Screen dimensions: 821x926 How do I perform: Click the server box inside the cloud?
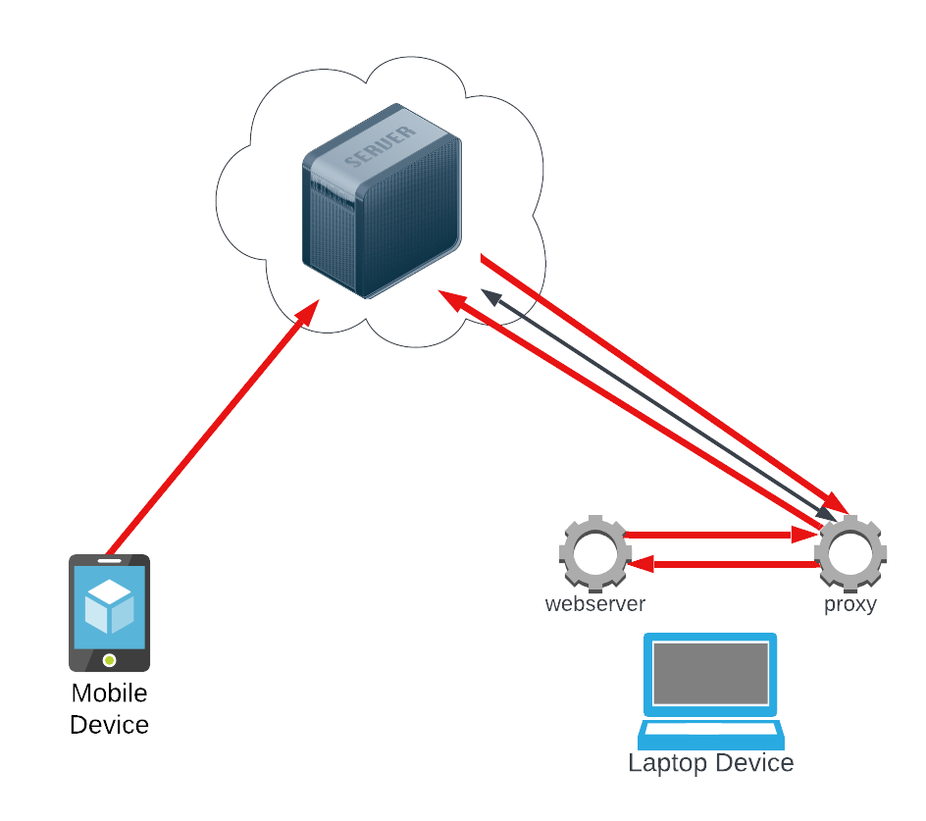(x=381, y=201)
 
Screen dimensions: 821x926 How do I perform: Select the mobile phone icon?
(x=109, y=613)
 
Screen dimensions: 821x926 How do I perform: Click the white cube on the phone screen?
(x=109, y=605)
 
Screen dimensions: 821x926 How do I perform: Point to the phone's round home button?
(x=109, y=659)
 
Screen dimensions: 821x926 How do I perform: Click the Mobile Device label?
(x=109, y=709)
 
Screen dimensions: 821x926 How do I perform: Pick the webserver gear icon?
(x=594, y=551)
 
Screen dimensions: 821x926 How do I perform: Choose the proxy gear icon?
(x=850, y=551)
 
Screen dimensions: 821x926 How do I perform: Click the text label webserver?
(x=594, y=604)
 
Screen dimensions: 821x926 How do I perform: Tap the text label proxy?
(x=849, y=604)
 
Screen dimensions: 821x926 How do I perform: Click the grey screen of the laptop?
(x=711, y=673)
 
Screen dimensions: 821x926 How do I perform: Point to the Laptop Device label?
(x=711, y=763)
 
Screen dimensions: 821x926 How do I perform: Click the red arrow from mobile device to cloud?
(x=211, y=429)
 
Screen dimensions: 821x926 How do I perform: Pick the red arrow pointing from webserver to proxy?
(x=716, y=536)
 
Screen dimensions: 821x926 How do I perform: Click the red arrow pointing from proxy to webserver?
(x=726, y=564)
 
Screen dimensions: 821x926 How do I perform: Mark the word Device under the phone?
(x=109, y=726)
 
